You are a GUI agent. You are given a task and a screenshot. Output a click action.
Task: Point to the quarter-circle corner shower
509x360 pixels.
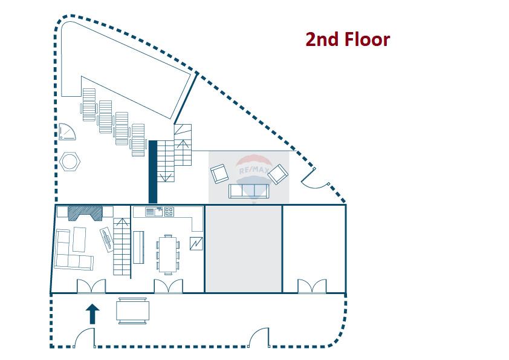[x=65, y=131]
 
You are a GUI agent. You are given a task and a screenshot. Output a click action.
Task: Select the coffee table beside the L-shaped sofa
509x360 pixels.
[x=79, y=239]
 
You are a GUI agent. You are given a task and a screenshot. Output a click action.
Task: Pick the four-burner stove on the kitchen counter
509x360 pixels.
[x=169, y=212]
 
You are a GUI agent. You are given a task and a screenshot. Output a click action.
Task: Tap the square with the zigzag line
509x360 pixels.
[x=196, y=244]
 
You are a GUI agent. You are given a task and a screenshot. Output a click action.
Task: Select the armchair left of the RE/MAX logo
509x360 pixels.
[x=219, y=174]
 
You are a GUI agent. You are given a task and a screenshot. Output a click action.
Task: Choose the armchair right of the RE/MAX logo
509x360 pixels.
[x=278, y=174]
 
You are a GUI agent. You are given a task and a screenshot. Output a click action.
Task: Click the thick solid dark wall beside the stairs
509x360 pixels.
[x=152, y=172]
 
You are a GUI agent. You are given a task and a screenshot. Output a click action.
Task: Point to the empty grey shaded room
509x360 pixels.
[x=244, y=248]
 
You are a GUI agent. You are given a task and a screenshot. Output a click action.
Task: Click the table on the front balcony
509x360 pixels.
[x=134, y=311]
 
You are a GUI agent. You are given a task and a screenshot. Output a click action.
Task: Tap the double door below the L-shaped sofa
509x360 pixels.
[x=91, y=286]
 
